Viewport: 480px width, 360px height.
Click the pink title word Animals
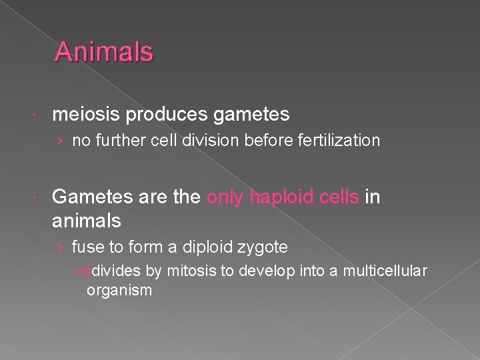[x=104, y=52]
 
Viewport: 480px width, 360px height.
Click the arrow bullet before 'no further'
[x=61, y=141]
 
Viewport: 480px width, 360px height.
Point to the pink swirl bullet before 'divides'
[x=82, y=271]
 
